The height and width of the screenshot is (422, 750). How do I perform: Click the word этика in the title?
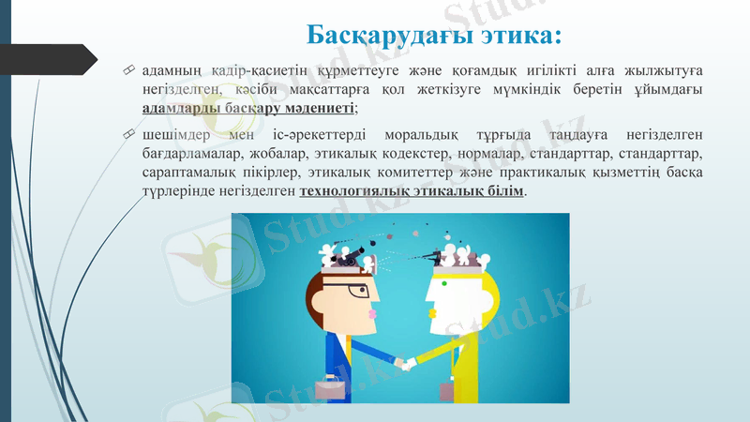(517, 37)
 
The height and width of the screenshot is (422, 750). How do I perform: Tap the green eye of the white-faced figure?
(444, 283)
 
